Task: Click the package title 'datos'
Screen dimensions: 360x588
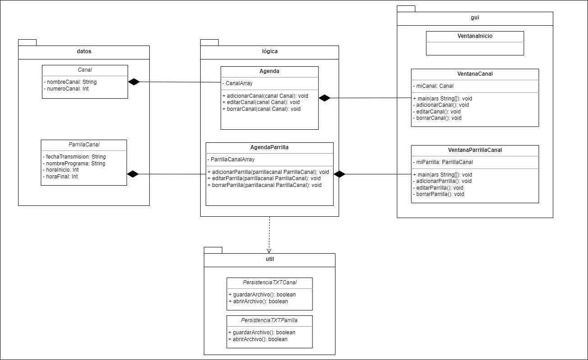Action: click(x=84, y=52)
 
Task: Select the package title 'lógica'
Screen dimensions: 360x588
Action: click(x=270, y=51)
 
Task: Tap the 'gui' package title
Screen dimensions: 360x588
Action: click(x=474, y=18)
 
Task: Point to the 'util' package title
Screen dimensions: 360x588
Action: click(x=270, y=259)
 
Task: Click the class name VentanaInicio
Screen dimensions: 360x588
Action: click(x=475, y=36)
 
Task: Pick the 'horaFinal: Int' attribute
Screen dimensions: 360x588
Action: click(x=60, y=177)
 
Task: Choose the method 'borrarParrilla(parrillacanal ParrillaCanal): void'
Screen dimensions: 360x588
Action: click(x=265, y=185)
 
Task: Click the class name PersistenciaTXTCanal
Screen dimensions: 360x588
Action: click(x=269, y=283)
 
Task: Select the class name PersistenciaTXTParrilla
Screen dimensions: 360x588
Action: click(x=269, y=321)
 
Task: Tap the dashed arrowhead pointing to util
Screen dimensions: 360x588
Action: click(x=269, y=250)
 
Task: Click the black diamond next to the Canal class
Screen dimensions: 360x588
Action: click(x=134, y=82)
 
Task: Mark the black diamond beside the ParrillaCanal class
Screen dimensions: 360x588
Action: click(x=133, y=174)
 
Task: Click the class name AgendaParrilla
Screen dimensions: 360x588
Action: click(x=269, y=147)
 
